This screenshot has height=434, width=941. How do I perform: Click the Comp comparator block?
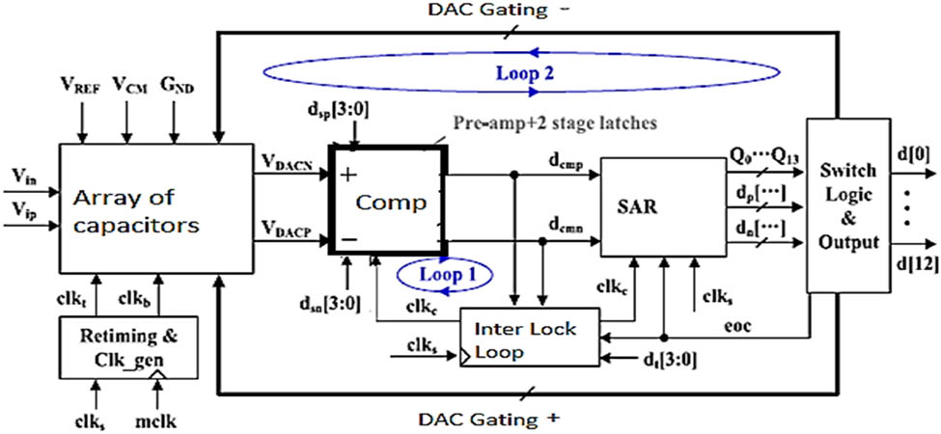click(x=385, y=203)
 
